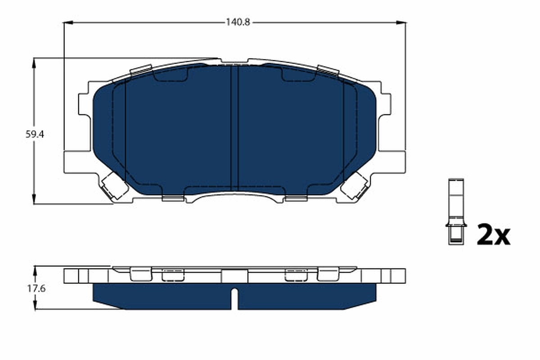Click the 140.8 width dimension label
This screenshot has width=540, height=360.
tap(234, 22)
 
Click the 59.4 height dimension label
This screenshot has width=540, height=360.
tap(33, 134)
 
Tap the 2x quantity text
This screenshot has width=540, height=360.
tap(493, 235)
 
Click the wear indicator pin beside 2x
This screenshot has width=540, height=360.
tap(456, 211)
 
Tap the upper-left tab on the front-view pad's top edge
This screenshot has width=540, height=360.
tap(140, 70)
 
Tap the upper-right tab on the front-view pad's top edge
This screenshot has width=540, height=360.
tap(328, 70)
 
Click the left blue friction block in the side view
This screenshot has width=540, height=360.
tap(162, 297)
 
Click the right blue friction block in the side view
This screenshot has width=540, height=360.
tap(306, 297)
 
